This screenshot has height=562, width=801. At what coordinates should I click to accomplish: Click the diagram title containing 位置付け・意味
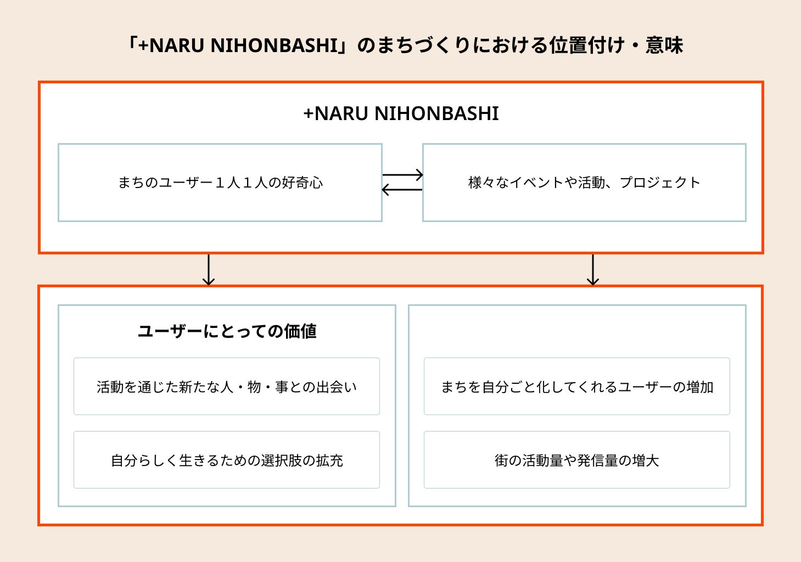click(x=404, y=45)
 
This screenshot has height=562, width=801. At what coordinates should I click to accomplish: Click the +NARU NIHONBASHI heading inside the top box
click(x=401, y=113)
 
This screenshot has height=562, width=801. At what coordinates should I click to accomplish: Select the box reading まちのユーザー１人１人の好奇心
click(x=220, y=183)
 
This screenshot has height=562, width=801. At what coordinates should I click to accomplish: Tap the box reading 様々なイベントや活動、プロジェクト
click(x=584, y=183)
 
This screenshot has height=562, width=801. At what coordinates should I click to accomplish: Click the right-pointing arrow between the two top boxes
click(x=402, y=175)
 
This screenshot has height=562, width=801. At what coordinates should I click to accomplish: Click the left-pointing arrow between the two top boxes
click(x=402, y=190)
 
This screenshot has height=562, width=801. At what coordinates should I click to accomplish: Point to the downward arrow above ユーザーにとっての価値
click(x=208, y=270)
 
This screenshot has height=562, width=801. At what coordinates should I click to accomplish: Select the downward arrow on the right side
click(x=592, y=270)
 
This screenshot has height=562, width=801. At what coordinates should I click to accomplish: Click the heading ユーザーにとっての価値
click(x=227, y=331)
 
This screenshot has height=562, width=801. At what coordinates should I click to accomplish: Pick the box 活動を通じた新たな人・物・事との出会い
click(x=226, y=387)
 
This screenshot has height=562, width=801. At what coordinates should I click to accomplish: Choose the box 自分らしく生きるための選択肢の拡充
click(x=226, y=460)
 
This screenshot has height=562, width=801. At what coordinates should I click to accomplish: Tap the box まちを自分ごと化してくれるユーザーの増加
click(x=576, y=387)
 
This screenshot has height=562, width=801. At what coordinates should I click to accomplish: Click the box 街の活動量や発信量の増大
click(x=576, y=460)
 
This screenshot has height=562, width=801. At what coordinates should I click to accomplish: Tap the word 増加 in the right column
click(x=700, y=387)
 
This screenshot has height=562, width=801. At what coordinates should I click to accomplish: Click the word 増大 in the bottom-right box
click(x=645, y=461)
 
